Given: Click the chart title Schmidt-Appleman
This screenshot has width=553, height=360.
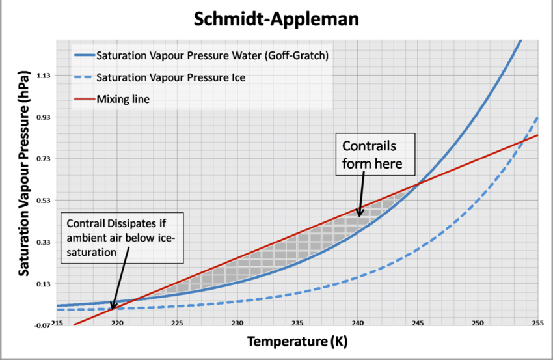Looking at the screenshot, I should click(x=276, y=20).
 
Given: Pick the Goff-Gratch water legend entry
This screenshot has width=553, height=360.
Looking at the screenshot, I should click(x=211, y=55).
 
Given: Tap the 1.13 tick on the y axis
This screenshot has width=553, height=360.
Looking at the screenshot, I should click(x=43, y=76).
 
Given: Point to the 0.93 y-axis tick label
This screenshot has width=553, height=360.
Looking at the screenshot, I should click(x=43, y=117).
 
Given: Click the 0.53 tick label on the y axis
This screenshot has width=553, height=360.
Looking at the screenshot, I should click(x=43, y=201).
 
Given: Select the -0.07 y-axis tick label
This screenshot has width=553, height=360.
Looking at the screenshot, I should click(x=42, y=325).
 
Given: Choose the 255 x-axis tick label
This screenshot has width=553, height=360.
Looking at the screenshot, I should click(x=537, y=324).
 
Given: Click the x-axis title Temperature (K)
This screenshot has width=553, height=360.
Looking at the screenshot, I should click(x=291, y=340).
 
